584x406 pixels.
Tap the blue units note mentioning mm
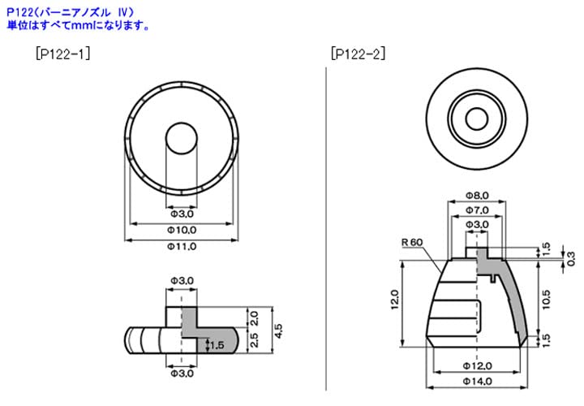point(78,25)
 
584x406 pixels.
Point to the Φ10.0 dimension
point(181,231)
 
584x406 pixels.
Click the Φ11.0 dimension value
point(181,247)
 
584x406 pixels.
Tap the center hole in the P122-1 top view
point(181,138)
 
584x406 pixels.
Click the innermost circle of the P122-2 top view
point(476,119)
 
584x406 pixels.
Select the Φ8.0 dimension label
point(476,196)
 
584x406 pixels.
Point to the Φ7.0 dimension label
point(476,210)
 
